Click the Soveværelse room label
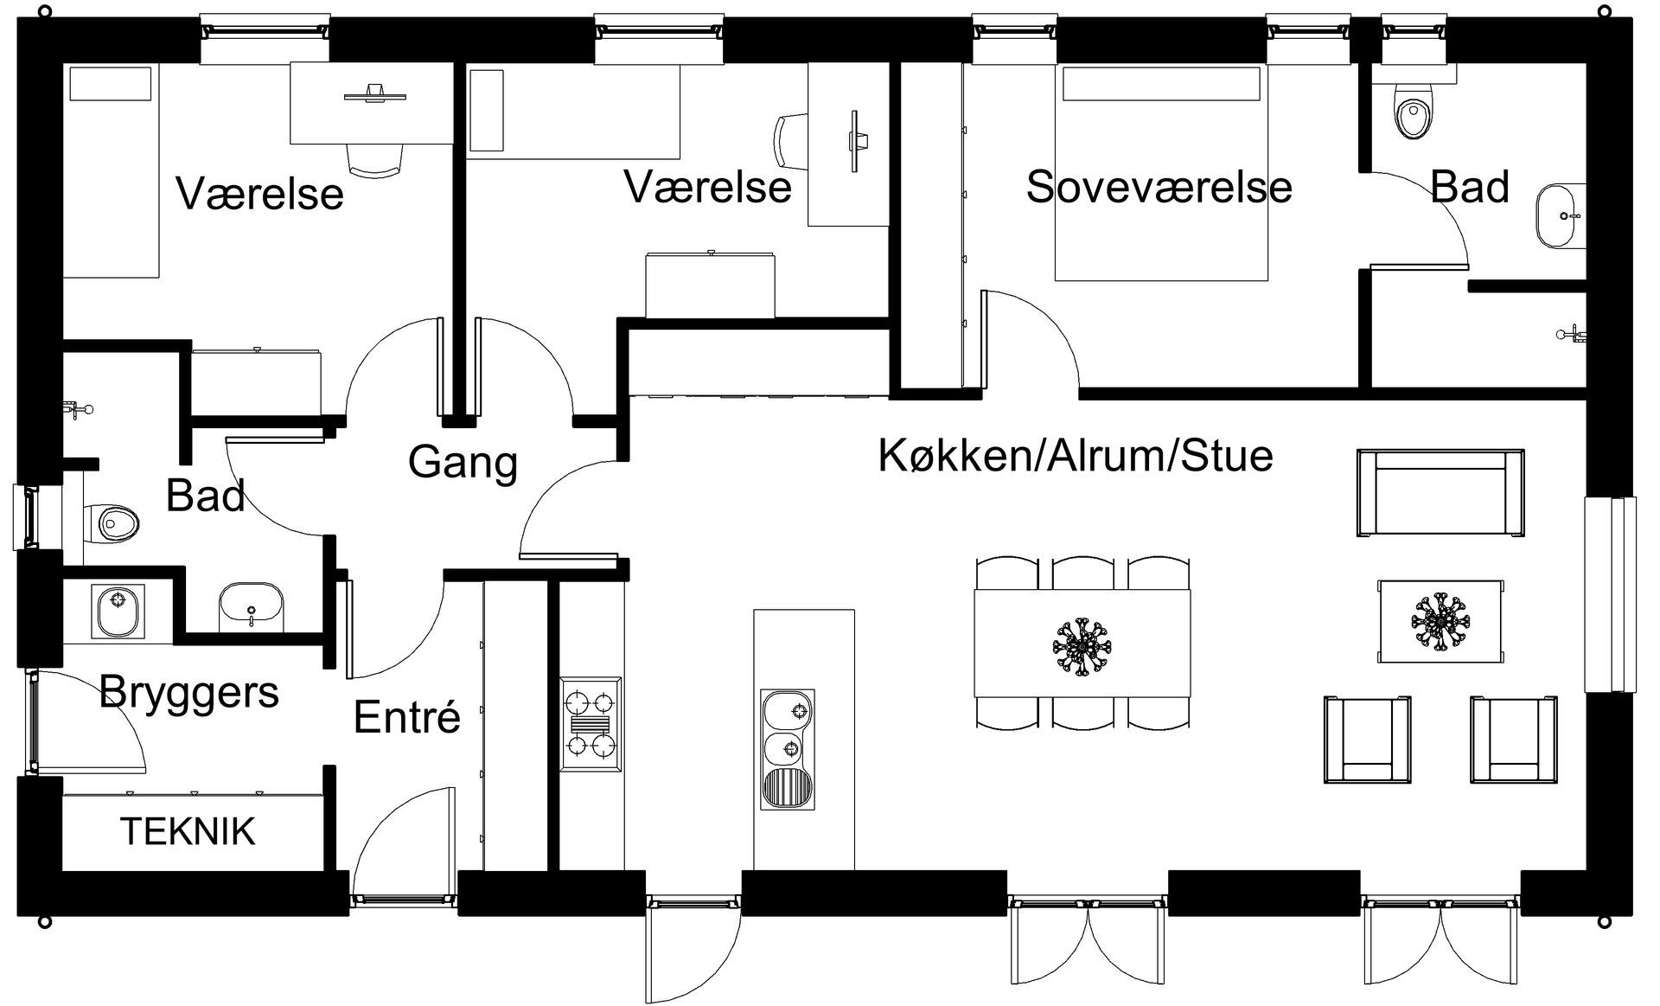[1159, 188]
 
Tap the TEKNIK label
[188, 831]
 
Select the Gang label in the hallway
[463, 462]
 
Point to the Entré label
[407, 717]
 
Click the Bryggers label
[189, 692]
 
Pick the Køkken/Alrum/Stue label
[1076, 456]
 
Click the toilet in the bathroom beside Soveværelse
[1414, 112]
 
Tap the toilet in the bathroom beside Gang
[113, 522]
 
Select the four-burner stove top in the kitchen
[591, 723]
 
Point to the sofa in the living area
[1440, 493]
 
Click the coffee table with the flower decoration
[1440, 620]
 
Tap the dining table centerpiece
[1082, 644]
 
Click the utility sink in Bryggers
[118, 611]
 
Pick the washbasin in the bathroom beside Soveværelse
[1561, 215]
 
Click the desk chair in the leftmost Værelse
[375, 160]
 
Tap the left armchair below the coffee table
[1368, 740]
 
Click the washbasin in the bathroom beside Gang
[252, 607]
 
